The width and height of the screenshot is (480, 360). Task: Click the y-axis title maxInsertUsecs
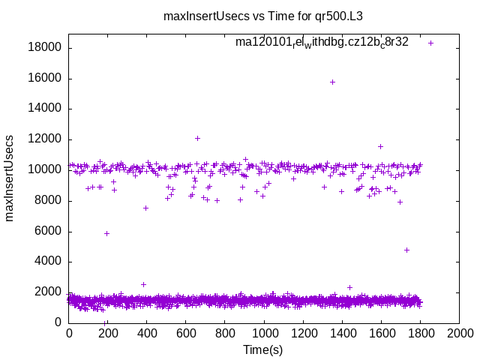10,178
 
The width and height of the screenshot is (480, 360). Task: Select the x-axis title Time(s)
262,349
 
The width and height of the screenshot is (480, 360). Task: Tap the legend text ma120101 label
322,43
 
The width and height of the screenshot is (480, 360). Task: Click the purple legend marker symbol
431,43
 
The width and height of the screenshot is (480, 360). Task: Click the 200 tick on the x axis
108,333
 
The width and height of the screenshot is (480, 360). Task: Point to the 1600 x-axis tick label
381,333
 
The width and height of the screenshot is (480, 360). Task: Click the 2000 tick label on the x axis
459,333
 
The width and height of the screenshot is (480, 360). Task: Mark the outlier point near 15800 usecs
332,82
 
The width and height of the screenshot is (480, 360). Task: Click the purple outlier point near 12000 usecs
197,138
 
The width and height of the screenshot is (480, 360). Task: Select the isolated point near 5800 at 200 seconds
106,233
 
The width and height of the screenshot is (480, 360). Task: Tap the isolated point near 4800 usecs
406,250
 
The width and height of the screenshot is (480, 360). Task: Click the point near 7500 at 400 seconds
145,208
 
